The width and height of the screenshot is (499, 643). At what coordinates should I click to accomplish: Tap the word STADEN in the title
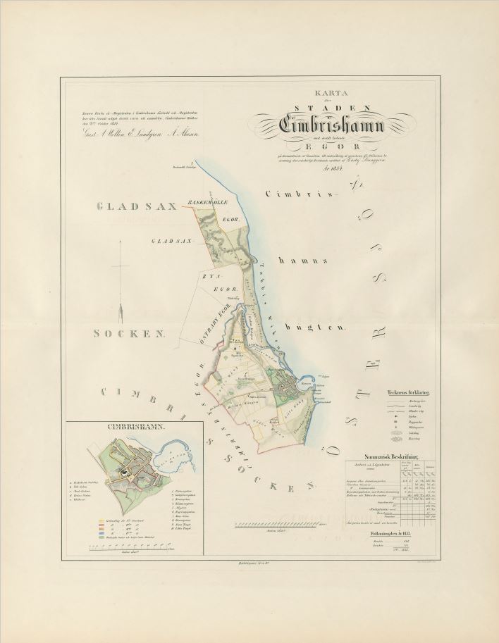coord(321,107)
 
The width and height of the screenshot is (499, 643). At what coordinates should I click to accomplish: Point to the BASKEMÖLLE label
coord(204,204)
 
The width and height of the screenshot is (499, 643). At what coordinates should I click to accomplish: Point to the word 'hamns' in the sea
coord(307,260)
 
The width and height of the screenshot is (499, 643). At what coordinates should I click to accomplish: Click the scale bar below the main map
coord(276,525)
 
